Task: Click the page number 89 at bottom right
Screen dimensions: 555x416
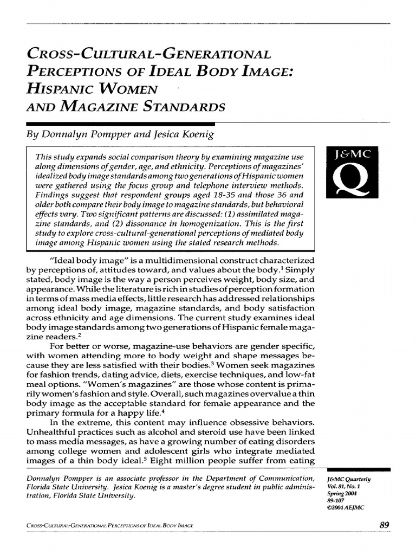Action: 385,524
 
